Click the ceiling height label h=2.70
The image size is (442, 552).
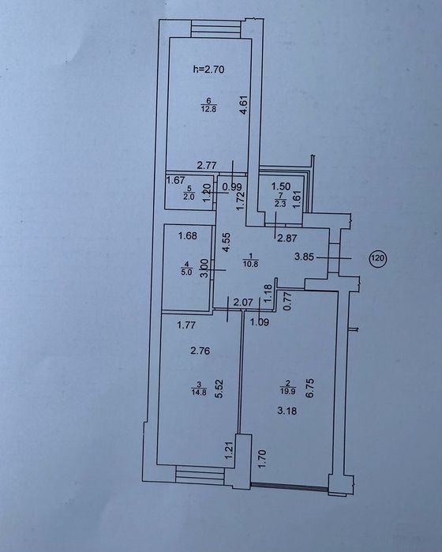click(208, 69)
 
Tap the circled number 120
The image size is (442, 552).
click(377, 258)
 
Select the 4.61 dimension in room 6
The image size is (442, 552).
click(245, 105)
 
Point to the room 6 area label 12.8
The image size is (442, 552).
click(208, 109)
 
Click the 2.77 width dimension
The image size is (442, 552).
click(207, 165)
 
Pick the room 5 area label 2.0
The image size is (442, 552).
click(189, 197)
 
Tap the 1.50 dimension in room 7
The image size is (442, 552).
click(281, 186)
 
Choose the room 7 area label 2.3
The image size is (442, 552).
click(280, 205)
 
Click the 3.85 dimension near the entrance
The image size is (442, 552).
click(304, 257)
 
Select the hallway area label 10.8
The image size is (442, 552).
click(250, 263)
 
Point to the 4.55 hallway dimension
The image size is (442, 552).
click(227, 242)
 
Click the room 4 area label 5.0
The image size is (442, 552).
click(187, 272)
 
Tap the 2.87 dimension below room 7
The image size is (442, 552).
click(287, 238)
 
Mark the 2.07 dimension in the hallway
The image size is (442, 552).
click(244, 302)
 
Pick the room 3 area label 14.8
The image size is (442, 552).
click(199, 393)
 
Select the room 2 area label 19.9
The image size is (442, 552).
click(288, 390)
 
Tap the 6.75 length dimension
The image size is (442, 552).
click(309, 388)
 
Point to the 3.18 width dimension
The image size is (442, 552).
click(287, 411)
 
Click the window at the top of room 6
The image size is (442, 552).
click(216, 28)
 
